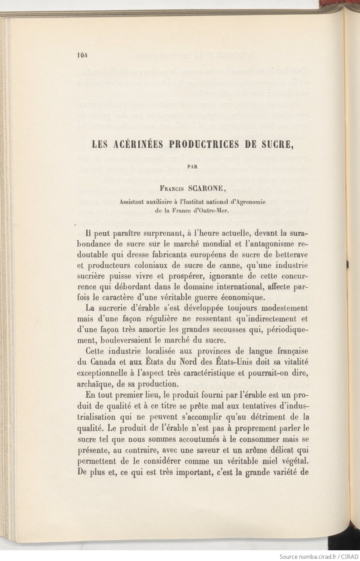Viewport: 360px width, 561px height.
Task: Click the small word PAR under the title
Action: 193,166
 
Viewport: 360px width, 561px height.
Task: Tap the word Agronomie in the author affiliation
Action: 259,201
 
